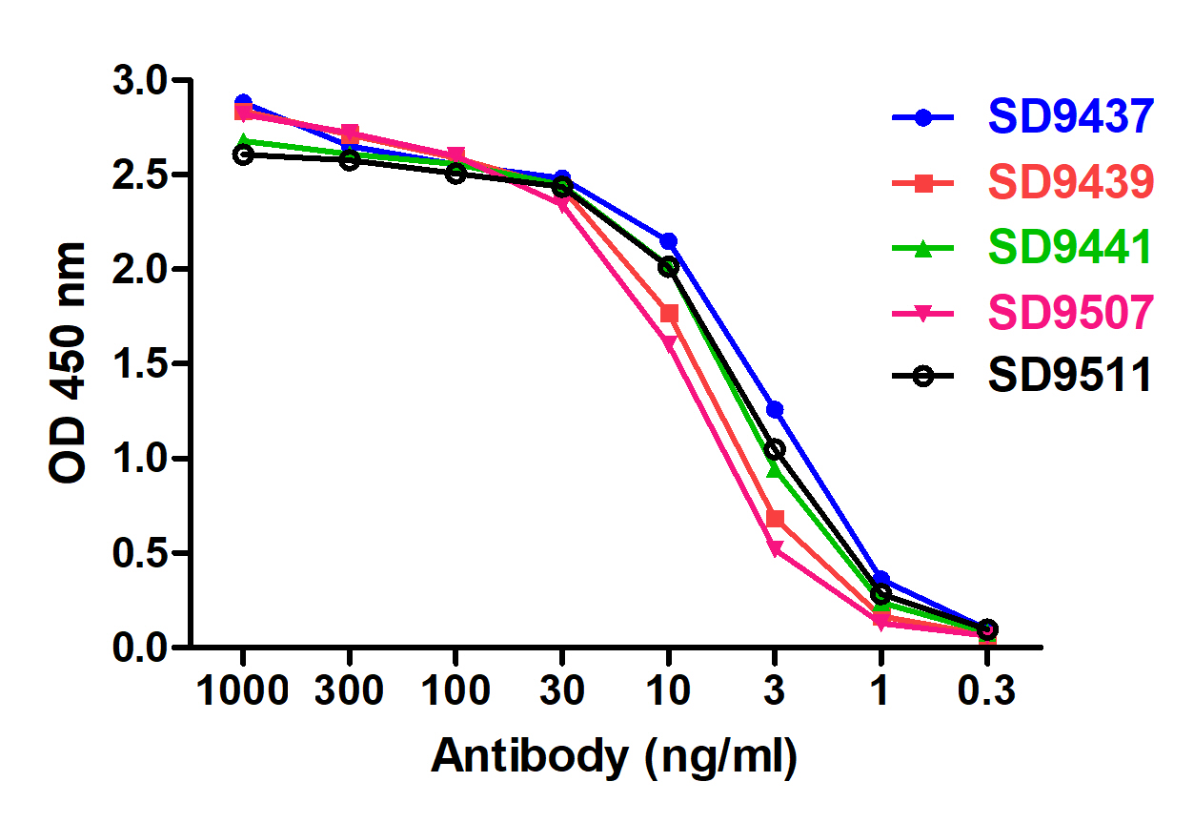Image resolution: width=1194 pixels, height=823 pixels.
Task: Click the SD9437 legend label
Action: [1071, 116]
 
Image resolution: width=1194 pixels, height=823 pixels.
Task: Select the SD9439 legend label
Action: [1071, 181]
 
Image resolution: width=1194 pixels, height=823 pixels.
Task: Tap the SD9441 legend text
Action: [1071, 246]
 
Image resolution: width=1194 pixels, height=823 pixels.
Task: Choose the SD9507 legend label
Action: [1071, 311]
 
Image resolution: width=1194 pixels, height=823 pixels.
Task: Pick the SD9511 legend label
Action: [1071, 376]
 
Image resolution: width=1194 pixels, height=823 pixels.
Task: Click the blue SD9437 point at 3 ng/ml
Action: [775, 409]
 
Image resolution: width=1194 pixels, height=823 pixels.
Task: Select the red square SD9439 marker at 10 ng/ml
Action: [669, 314]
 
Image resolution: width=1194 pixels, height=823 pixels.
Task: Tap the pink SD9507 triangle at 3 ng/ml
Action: [775, 549]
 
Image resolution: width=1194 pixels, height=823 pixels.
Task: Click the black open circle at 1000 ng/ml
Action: [243, 154]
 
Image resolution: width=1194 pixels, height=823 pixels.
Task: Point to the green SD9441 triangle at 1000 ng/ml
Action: [243, 141]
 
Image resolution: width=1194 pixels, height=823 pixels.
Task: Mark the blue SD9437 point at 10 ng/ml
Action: [669, 241]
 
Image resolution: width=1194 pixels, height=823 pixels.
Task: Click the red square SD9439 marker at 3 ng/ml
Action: [775, 519]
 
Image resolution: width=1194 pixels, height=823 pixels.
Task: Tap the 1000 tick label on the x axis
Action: [243, 690]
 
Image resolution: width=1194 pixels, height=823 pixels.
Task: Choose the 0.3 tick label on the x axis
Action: [987, 690]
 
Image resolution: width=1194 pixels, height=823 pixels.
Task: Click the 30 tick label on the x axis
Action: [562, 690]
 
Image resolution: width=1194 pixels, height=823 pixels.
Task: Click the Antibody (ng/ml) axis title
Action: [615, 757]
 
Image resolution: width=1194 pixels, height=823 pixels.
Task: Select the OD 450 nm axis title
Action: [69, 362]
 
